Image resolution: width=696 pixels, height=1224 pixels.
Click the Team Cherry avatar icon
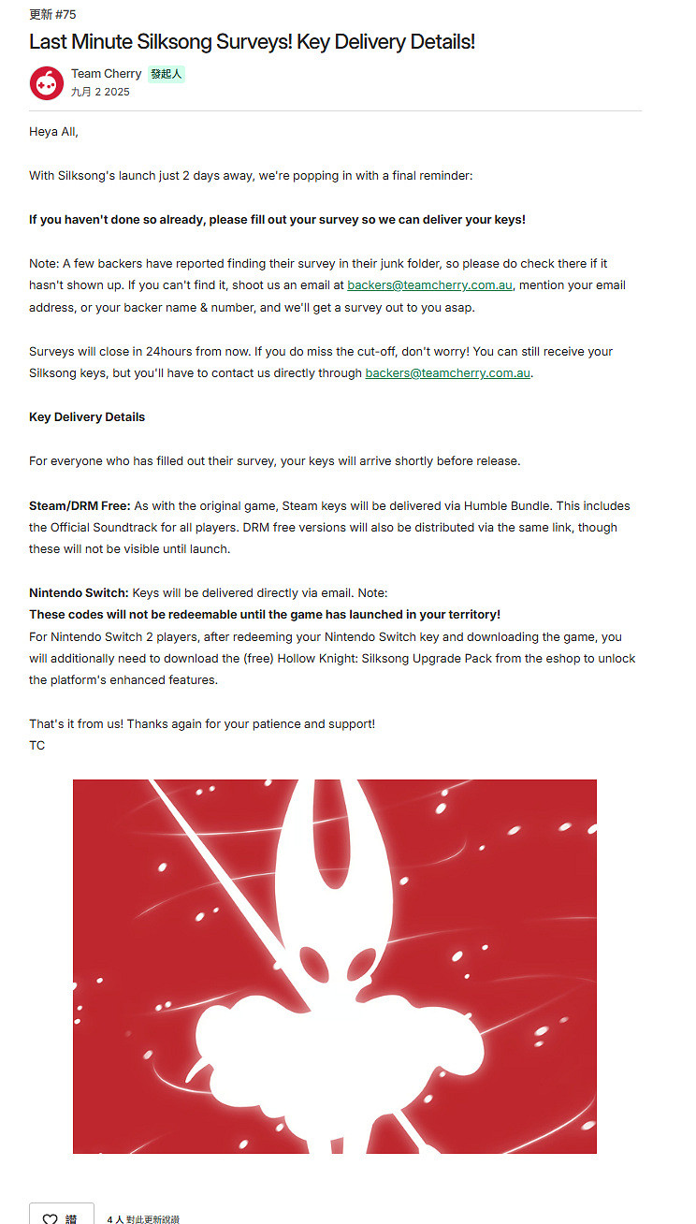47,82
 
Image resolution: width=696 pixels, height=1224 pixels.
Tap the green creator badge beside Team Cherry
166,74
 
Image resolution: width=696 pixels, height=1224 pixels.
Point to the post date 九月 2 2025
100,92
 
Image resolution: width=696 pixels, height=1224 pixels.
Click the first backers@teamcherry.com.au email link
429,285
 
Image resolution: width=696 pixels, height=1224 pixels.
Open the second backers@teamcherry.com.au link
447,373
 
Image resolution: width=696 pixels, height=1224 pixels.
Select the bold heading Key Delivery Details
87,417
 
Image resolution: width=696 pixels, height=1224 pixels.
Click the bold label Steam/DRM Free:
80,506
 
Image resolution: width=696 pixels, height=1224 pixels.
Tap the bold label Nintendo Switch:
79,593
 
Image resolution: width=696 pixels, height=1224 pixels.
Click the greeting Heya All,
53,132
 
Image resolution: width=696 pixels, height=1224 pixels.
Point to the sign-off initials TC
36,746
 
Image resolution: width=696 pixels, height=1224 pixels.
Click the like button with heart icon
62,1216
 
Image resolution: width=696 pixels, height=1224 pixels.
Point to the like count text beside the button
143,1219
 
